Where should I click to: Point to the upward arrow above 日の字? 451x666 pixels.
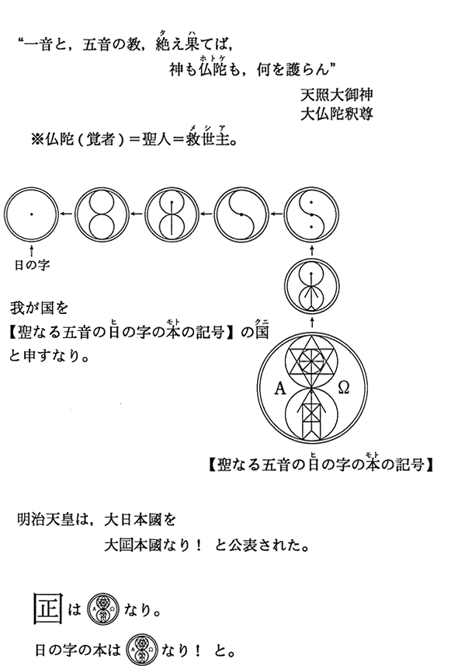(x=31, y=249)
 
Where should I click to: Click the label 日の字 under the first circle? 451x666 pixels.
(x=33, y=266)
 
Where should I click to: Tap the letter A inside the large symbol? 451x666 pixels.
(x=280, y=388)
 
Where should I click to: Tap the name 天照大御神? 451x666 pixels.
(x=336, y=95)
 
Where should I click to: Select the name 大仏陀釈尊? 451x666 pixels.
(x=336, y=113)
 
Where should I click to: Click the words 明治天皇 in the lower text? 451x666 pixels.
(x=45, y=519)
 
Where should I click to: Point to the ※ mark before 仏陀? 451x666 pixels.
(x=37, y=140)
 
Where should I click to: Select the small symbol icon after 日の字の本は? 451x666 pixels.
(x=143, y=650)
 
